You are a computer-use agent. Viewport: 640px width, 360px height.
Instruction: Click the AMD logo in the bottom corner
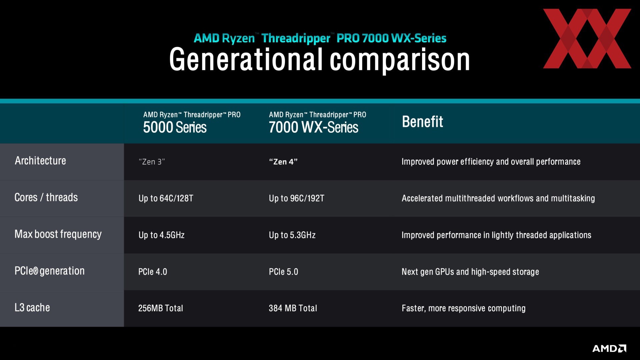609,348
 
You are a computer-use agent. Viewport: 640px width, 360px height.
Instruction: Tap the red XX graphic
587,39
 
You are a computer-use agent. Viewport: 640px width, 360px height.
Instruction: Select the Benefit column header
422,122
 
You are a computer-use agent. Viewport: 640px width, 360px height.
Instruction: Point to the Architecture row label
40,161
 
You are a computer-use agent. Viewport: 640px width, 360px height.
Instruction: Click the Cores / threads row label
46,197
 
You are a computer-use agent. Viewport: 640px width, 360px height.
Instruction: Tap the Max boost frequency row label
58,234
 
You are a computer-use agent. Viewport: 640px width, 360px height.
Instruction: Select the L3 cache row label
32,307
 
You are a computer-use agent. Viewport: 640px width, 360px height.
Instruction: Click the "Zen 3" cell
152,162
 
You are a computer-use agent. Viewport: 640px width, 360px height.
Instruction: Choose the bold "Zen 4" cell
283,162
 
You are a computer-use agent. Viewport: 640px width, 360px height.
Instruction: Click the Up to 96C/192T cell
296,198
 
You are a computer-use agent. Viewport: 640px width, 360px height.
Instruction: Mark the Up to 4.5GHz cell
161,235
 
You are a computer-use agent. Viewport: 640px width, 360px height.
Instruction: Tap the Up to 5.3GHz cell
292,235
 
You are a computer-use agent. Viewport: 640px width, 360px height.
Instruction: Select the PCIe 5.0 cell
283,272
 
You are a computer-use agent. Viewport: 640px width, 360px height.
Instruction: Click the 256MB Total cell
161,308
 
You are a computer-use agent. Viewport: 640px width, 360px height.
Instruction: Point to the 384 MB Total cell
293,308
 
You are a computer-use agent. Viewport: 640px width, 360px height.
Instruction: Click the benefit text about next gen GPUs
470,272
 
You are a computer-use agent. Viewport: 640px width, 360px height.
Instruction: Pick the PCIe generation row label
50,271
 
